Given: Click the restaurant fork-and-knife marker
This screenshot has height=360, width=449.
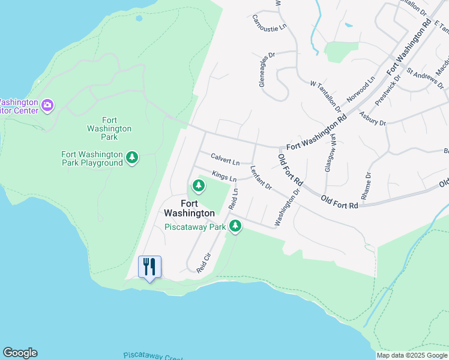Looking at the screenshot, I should [x=149, y=266].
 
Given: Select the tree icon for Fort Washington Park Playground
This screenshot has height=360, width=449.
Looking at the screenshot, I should [x=132, y=158].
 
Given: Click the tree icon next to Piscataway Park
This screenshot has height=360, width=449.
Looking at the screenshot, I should [x=236, y=226].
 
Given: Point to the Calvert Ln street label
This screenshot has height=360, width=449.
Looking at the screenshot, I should [x=225, y=159].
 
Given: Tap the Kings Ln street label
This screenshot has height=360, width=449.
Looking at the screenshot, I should [x=224, y=176].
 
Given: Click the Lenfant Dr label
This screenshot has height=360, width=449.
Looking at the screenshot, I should [x=261, y=178].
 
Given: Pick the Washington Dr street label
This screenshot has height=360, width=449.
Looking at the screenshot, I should [x=287, y=208].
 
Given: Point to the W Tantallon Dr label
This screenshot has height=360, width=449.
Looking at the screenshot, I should [x=325, y=97].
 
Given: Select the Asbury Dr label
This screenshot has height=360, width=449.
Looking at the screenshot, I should [x=372, y=118].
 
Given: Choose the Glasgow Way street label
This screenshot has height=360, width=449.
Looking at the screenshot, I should [x=330, y=153].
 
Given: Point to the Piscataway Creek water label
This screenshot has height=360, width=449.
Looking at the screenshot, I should [x=153, y=356].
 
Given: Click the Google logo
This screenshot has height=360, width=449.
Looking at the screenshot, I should [x=20, y=353].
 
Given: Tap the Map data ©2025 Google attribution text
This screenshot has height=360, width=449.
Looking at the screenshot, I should [x=412, y=355].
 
